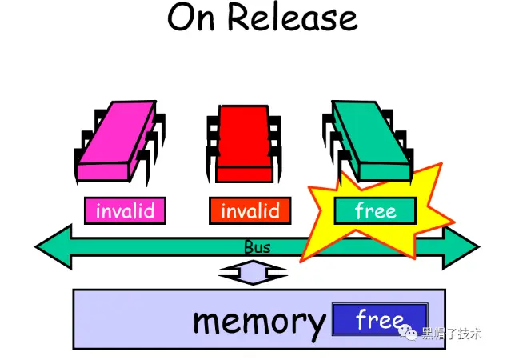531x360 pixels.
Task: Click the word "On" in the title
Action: pyautogui.click(x=194, y=18)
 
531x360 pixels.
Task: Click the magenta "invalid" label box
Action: pyautogui.click(x=125, y=210)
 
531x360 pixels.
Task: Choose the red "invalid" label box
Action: pyautogui.click(x=250, y=210)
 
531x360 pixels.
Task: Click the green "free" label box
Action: pyautogui.click(x=375, y=210)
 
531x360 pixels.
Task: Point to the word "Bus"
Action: pyautogui.click(x=257, y=247)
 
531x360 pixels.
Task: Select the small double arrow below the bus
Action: pyautogui.click(x=253, y=274)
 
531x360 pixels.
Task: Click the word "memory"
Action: pyautogui.click(x=259, y=320)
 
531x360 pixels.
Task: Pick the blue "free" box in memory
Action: pyautogui.click(x=379, y=319)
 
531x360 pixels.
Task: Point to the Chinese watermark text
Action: pyautogui.click(x=452, y=334)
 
